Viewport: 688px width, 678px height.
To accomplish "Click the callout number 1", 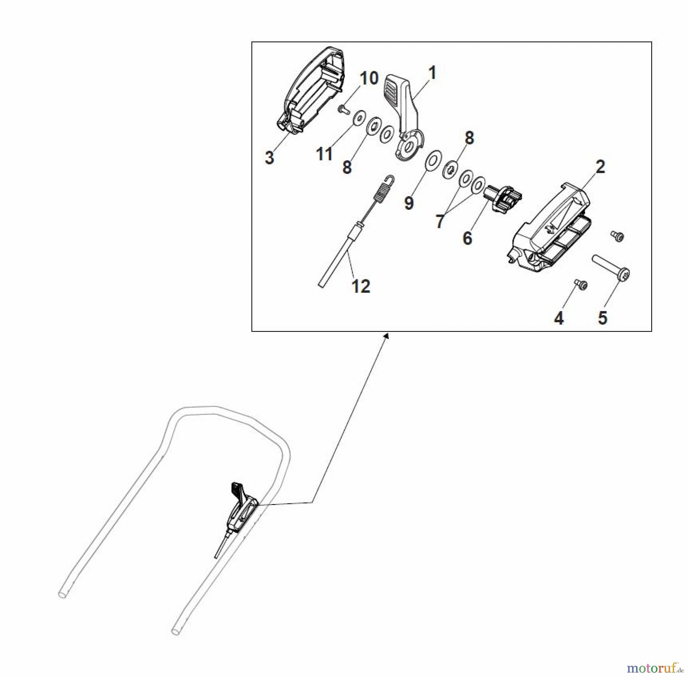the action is coord(432,73).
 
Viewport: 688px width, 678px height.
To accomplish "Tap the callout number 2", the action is coord(600,167).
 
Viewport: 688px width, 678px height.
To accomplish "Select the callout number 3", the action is coord(269,157).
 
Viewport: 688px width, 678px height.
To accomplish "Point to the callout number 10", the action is coord(369,78).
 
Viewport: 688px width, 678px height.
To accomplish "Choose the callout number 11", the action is coord(324,154).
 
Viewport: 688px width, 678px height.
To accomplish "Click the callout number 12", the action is coord(360,286).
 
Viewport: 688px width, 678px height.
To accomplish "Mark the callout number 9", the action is coord(409,203).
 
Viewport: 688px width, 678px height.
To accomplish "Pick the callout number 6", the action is coord(467,238).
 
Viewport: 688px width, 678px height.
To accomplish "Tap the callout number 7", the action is coord(440,221).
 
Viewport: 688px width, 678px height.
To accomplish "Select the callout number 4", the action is coord(559,318).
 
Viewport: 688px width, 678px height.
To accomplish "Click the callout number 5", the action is coord(602,318).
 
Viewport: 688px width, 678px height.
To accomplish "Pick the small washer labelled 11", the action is coord(359,117).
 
